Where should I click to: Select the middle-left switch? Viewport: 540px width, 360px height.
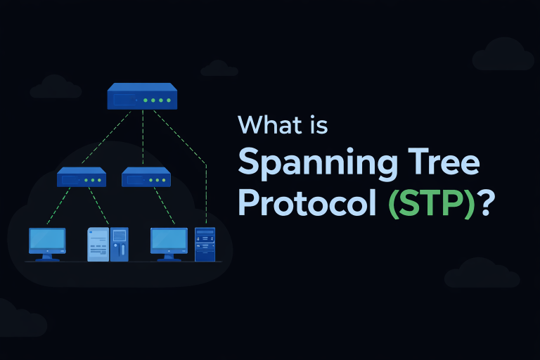[82, 178]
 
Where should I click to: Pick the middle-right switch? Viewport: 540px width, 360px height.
[146, 178]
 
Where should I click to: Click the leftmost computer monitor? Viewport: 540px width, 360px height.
[47, 240]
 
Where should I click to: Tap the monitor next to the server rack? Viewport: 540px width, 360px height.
[169, 240]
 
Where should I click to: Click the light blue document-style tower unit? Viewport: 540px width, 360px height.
[98, 245]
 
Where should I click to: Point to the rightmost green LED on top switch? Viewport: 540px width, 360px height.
[169, 101]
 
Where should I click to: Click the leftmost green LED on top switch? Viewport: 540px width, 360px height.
[146, 101]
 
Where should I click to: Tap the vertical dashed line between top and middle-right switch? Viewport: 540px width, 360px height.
[143, 139]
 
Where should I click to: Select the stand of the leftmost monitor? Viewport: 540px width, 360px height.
[47, 257]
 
